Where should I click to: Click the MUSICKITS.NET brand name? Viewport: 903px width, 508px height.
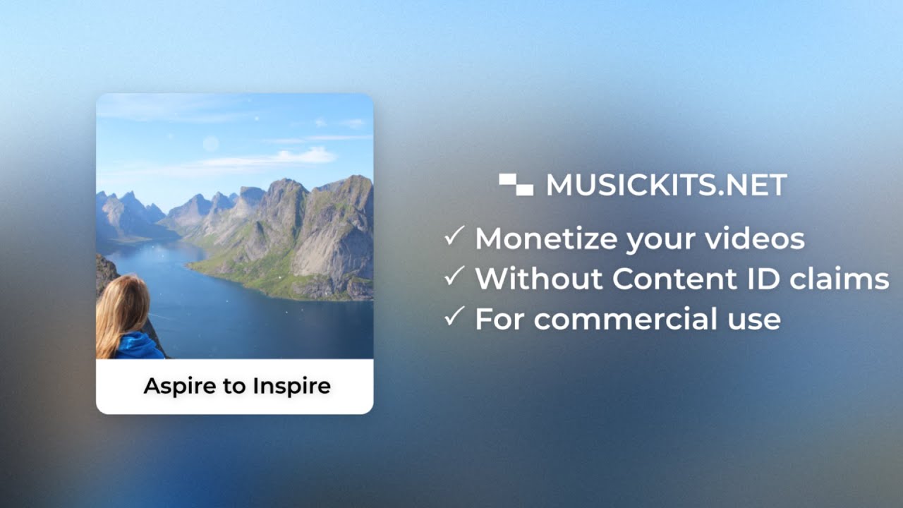[667, 185]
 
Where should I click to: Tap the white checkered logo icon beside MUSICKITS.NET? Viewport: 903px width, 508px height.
[516, 185]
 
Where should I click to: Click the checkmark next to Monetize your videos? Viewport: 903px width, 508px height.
[454, 236]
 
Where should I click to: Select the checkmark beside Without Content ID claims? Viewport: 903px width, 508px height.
[454, 276]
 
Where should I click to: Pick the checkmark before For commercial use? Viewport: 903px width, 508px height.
[454, 316]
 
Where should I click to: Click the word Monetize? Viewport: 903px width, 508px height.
[546, 238]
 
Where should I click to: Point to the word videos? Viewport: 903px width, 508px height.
[755, 238]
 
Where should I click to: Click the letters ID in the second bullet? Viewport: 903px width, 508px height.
[764, 279]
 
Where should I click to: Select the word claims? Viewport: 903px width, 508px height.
[840, 278]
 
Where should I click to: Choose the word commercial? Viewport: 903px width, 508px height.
[626, 318]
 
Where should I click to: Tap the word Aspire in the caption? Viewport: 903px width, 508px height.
[180, 387]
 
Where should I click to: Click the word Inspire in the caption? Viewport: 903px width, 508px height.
[292, 387]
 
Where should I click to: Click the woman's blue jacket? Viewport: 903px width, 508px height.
[139, 346]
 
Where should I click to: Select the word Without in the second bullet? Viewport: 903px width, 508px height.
[539, 279]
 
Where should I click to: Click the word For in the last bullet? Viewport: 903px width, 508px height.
[500, 318]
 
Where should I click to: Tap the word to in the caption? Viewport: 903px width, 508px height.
[234, 387]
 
